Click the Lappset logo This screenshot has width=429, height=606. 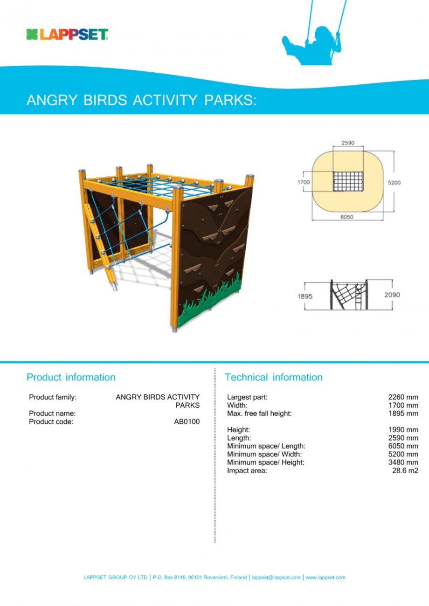click(68, 34)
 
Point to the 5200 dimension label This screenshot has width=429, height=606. click(394, 182)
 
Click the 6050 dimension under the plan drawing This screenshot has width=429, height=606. click(347, 217)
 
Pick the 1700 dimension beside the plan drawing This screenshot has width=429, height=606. click(304, 182)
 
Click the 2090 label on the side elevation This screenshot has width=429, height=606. click(393, 295)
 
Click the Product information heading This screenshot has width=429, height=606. click(70, 377)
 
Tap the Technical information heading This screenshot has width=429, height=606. click(273, 377)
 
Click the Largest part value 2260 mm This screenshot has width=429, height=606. click(403, 397)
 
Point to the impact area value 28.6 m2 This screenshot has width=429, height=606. click(405, 471)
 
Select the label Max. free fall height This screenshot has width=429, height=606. click(259, 413)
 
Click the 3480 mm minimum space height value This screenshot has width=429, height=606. click(403, 462)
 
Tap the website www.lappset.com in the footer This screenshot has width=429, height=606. click(325, 578)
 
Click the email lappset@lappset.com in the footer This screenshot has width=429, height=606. click(276, 578)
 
